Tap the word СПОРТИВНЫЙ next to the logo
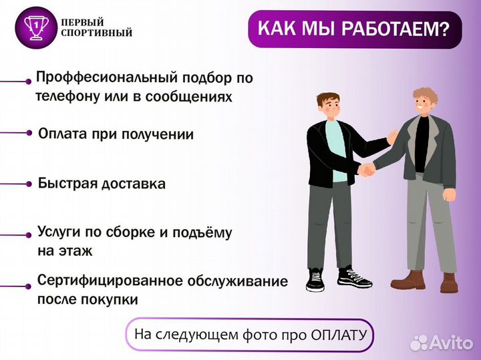pos(96,33)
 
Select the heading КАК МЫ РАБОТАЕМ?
pos(353,29)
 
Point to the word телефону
pos(64,97)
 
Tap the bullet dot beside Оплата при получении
pos(29,133)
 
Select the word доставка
pos(134,184)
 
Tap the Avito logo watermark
pos(441,343)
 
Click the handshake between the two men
pos(366,170)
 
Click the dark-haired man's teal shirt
pos(336,150)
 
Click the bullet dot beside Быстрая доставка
pos(29,183)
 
